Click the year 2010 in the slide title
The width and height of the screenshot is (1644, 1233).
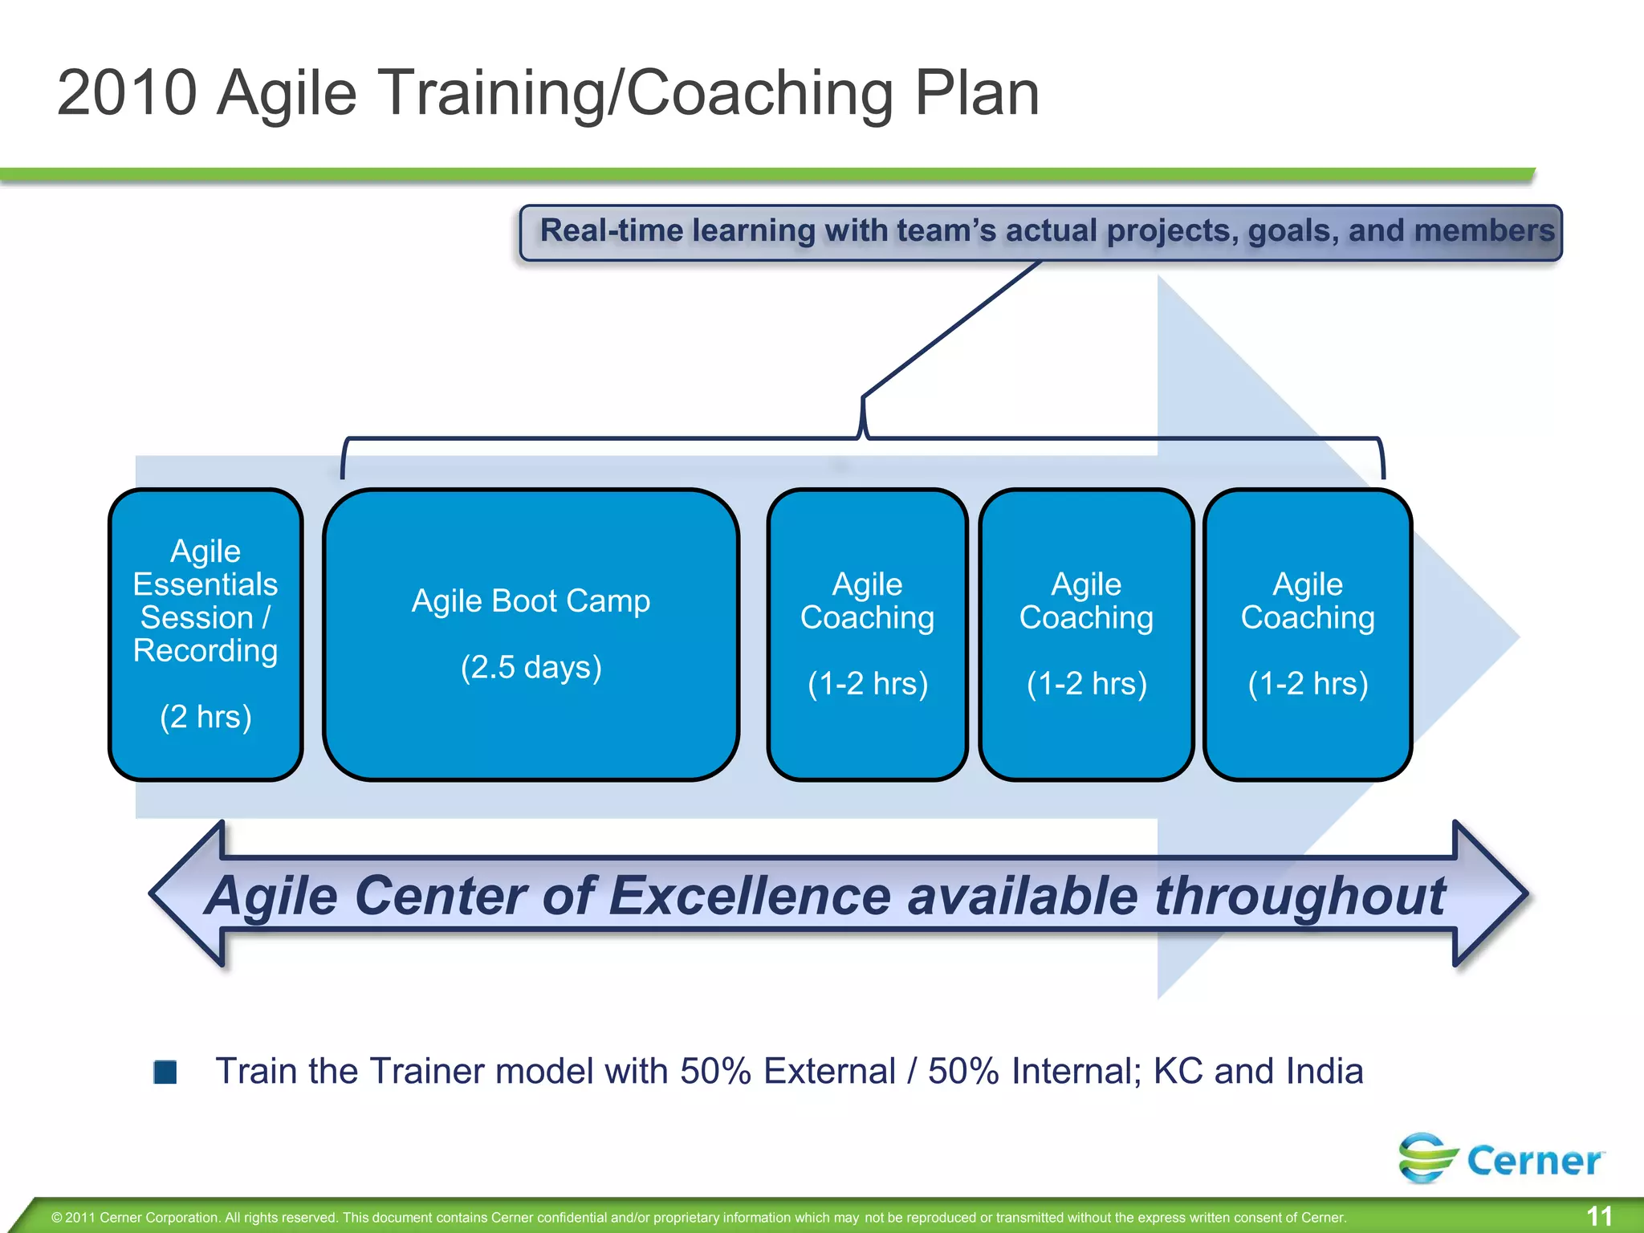coord(127,93)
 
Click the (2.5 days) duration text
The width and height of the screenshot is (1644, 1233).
coord(531,667)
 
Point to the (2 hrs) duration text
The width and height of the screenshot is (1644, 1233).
coord(205,717)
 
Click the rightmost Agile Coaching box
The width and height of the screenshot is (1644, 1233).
coord(1308,634)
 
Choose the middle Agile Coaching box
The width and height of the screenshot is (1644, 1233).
coord(1086,634)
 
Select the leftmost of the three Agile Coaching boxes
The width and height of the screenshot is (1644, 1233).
coord(867,634)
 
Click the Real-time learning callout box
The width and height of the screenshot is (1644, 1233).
coord(1040,232)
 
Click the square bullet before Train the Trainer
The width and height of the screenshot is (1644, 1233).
coord(165,1072)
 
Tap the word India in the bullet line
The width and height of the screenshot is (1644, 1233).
coord(1325,1072)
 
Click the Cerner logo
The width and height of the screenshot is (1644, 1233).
coord(1501,1158)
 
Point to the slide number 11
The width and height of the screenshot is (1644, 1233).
coord(1599,1216)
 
